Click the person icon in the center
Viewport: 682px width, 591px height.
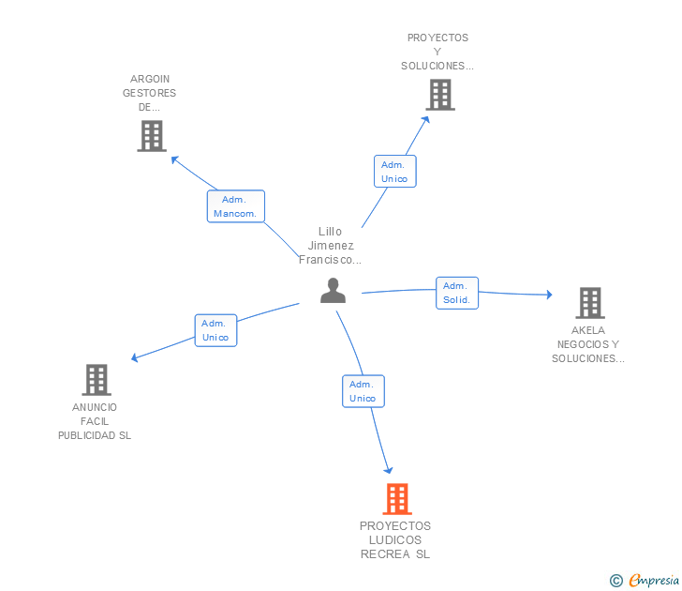pos(333,291)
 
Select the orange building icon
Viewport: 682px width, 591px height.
pos(397,499)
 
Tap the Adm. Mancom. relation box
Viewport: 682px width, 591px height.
pos(236,206)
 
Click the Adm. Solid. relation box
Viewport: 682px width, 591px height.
pos(457,293)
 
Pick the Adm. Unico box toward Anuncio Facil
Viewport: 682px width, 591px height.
pos(215,330)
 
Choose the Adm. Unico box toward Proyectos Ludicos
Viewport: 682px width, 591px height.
pos(363,391)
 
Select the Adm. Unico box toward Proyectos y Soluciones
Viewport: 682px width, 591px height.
pos(395,172)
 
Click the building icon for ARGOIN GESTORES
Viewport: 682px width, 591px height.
pos(152,136)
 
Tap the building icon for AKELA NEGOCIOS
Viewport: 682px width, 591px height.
pos(590,303)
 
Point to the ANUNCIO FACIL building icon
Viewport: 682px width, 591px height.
pos(96,380)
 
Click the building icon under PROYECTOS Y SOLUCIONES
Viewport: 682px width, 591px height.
pos(440,95)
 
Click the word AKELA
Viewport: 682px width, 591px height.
pos(588,330)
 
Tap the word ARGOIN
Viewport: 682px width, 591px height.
pos(150,79)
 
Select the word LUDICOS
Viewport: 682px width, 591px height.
pos(395,540)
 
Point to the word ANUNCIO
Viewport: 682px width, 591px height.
pos(95,407)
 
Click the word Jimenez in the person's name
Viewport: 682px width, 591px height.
pos(331,246)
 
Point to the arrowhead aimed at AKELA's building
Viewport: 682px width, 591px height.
pos(549,295)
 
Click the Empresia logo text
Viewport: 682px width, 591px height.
pos(654,580)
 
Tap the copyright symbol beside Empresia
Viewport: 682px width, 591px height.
pos(615,581)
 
